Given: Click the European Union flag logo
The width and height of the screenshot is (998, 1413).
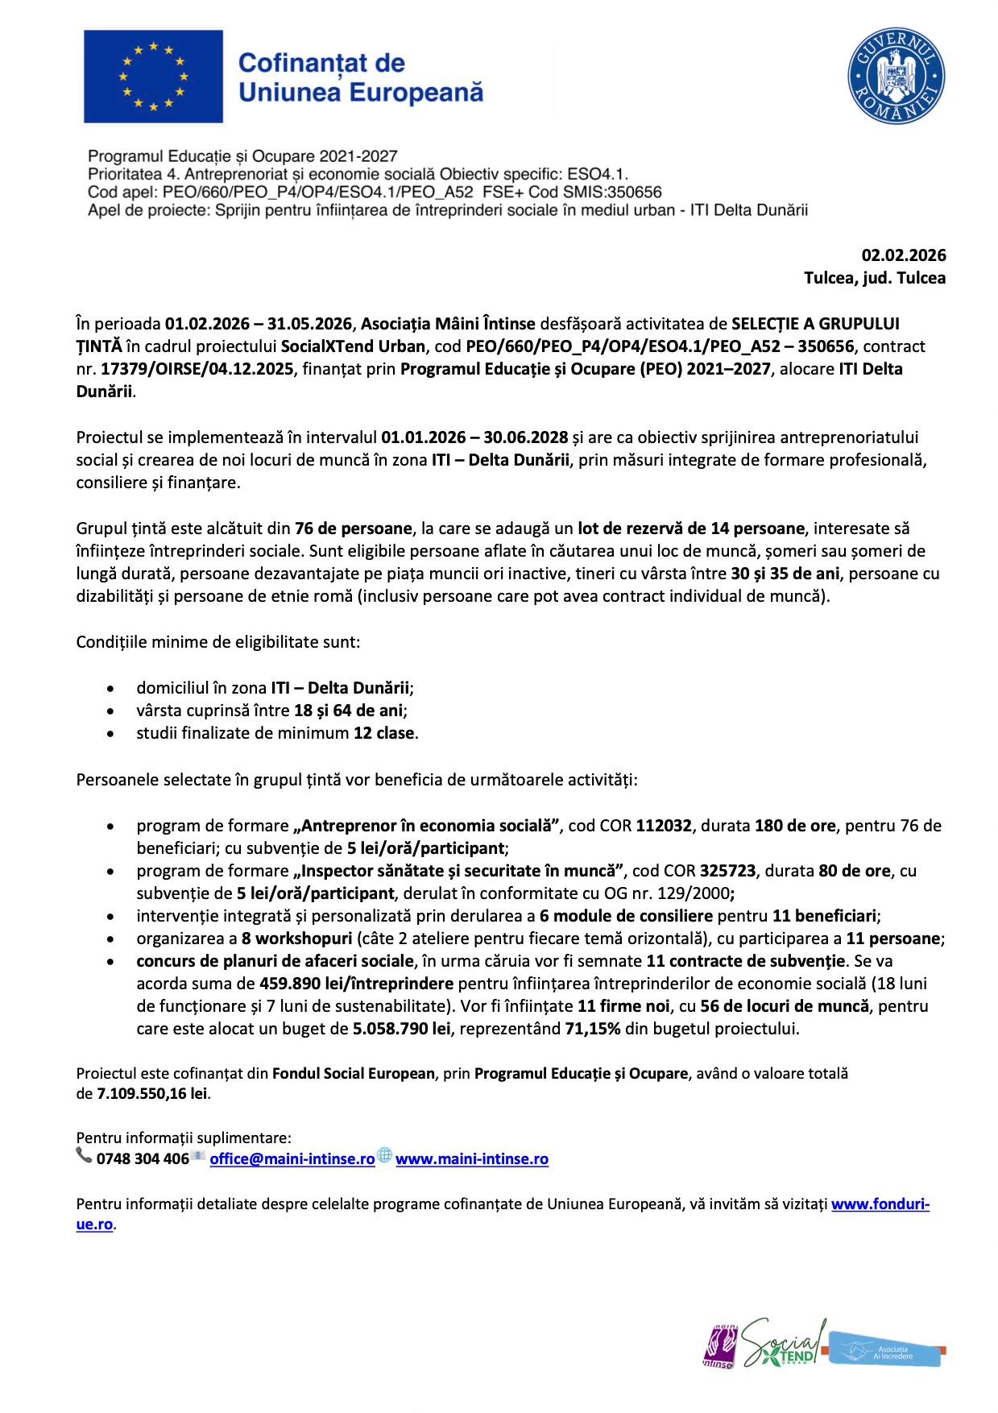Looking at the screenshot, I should [153, 77].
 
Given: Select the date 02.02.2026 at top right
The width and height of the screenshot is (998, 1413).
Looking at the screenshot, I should [904, 255].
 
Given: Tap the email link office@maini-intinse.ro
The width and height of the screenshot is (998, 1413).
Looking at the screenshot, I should [292, 1158].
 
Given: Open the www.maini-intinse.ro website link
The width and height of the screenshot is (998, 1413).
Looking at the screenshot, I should [471, 1158].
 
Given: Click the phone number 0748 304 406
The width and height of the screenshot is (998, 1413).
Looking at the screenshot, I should [142, 1158].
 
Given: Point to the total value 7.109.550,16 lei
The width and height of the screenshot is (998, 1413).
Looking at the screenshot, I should [152, 1093].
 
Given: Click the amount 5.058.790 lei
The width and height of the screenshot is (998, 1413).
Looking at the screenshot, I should [401, 1029].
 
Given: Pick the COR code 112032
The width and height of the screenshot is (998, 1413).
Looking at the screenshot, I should [663, 826].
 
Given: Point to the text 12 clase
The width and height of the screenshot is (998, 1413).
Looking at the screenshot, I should [384, 733].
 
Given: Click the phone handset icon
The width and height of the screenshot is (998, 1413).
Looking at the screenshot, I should [84, 1156].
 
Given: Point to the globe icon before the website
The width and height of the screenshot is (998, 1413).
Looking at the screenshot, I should [385, 1155].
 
